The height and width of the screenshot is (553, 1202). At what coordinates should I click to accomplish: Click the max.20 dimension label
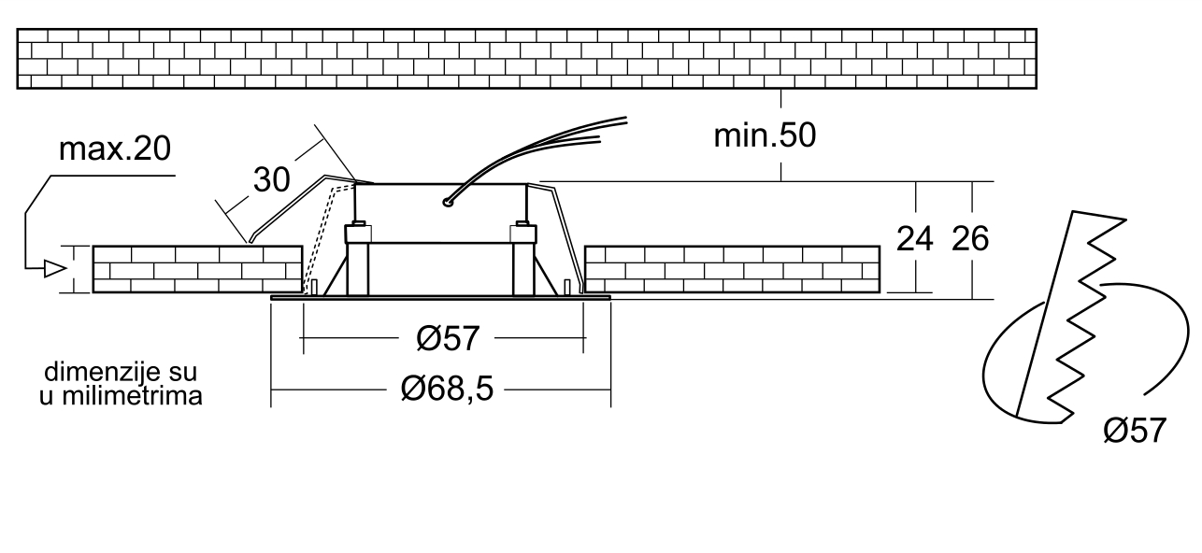coord(115,149)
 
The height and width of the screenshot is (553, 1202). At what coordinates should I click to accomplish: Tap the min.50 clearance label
coord(765,135)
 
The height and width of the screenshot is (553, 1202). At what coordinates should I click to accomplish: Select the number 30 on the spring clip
coord(271,179)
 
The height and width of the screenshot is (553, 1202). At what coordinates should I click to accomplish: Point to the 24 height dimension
coord(914,239)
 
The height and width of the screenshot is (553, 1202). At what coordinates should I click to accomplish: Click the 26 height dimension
coord(970,239)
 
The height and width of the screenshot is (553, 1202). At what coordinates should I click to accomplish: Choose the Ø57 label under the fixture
coord(448,338)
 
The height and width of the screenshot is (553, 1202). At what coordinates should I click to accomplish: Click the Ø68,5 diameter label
coord(447,389)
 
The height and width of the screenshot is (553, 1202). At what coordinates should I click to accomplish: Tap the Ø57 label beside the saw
coord(1135,431)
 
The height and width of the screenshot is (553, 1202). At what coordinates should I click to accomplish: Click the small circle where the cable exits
coord(447,202)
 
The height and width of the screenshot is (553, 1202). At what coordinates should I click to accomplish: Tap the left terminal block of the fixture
coord(358,234)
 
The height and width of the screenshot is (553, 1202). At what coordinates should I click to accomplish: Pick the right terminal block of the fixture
coord(523,234)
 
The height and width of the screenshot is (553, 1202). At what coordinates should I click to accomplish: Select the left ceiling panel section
coord(197,269)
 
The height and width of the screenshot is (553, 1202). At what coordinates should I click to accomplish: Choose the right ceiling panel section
coord(732,269)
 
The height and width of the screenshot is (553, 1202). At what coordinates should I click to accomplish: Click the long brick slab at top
coord(526,59)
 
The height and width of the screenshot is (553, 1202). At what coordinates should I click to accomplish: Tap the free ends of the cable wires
coord(611,130)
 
